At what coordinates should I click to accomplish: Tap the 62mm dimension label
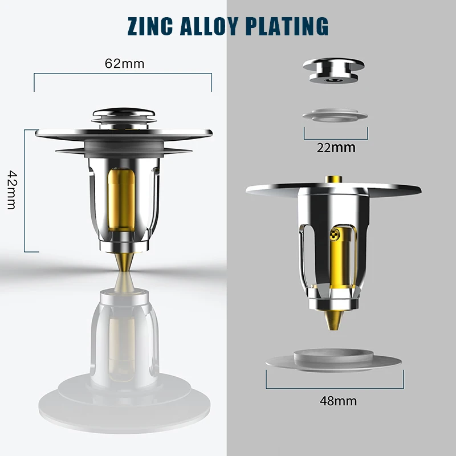(x=124, y=63)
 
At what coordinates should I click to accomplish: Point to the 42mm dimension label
(x=11, y=189)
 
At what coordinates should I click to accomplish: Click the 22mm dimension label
(x=336, y=148)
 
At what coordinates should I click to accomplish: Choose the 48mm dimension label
(x=337, y=401)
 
